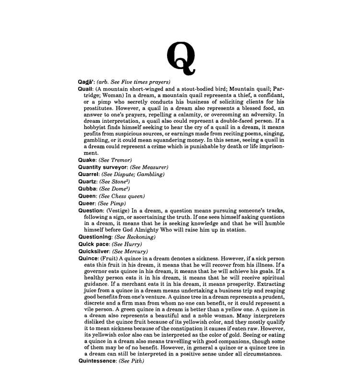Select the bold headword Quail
85,89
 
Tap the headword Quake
87,159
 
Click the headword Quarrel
88,174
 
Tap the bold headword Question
90,211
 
